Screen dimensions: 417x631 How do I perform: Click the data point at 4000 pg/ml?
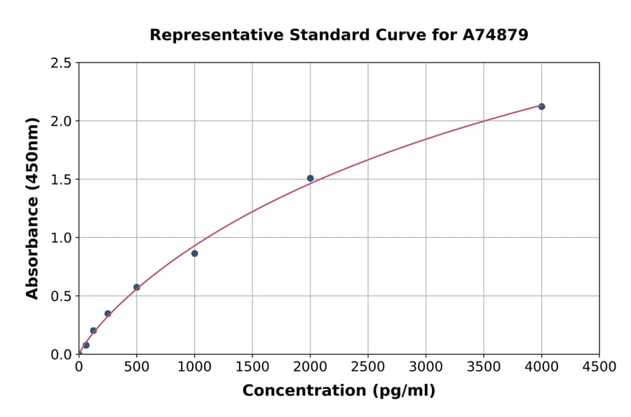[x=541, y=107]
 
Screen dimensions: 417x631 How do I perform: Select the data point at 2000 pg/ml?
[x=310, y=178]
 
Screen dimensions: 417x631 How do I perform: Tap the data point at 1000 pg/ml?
[x=194, y=253]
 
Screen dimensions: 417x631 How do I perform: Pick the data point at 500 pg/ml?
[x=137, y=287]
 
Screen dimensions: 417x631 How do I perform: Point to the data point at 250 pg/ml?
[x=107, y=314]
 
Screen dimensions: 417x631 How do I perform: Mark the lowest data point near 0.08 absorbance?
[x=86, y=345]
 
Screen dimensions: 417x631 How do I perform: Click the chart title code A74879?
[x=496, y=34]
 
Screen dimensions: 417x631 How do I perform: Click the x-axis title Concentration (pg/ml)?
[x=339, y=391]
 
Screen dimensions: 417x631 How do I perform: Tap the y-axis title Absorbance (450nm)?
[x=32, y=208]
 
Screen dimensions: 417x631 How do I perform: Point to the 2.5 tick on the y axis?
[x=62, y=63]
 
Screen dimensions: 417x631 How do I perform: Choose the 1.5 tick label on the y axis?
[x=62, y=180]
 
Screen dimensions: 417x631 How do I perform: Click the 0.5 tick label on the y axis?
[x=62, y=296]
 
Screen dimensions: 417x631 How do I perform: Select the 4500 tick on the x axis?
[x=599, y=367]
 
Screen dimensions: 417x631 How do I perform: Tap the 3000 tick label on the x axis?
[x=426, y=367]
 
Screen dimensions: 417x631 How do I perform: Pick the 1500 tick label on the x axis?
[x=252, y=367]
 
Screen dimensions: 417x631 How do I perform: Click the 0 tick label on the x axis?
[x=79, y=367]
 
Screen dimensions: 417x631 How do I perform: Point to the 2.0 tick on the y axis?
[x=62, y=121]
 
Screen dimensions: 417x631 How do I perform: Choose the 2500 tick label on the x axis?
[x=368, y=367]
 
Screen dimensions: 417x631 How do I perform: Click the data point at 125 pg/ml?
[x=93, y=331]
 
